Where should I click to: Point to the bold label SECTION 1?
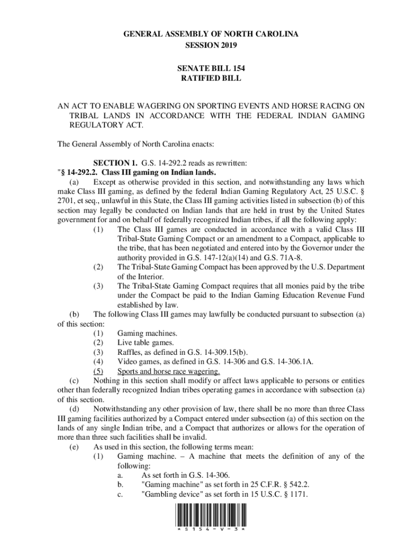[x=116, y=162]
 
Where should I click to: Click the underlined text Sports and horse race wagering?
[x=168, y=371]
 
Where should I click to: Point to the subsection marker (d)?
[x=75, y=409]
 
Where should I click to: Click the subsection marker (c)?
[x=75, y=381]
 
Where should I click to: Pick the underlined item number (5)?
[x=98, y=371]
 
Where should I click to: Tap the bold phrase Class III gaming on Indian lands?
[x=158, y=172]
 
